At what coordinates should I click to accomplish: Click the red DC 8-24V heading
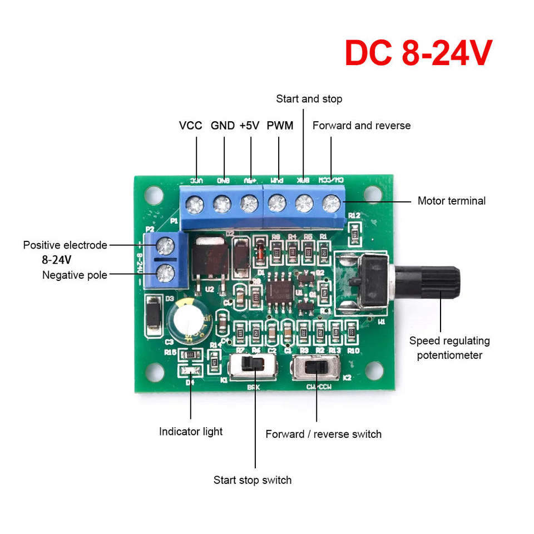[418, 53]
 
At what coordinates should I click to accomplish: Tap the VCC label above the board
[191, 126]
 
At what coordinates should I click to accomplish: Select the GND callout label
[222, 126]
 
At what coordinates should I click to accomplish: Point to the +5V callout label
[250, 126]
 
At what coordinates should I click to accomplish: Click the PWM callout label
[280, 126]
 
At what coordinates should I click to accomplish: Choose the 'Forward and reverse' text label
[362, 126]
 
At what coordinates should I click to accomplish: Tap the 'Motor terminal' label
[452, 201]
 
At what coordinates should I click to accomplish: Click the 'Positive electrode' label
[65, 245]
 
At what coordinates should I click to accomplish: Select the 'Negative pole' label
[75, 275]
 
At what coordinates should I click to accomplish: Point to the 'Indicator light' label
[191, 431]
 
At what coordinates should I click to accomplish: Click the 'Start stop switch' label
[253, 480]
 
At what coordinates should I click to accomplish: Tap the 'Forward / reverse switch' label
[324, 434]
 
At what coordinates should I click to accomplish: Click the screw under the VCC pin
[195, 205]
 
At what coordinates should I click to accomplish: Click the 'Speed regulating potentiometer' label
[449, 348]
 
